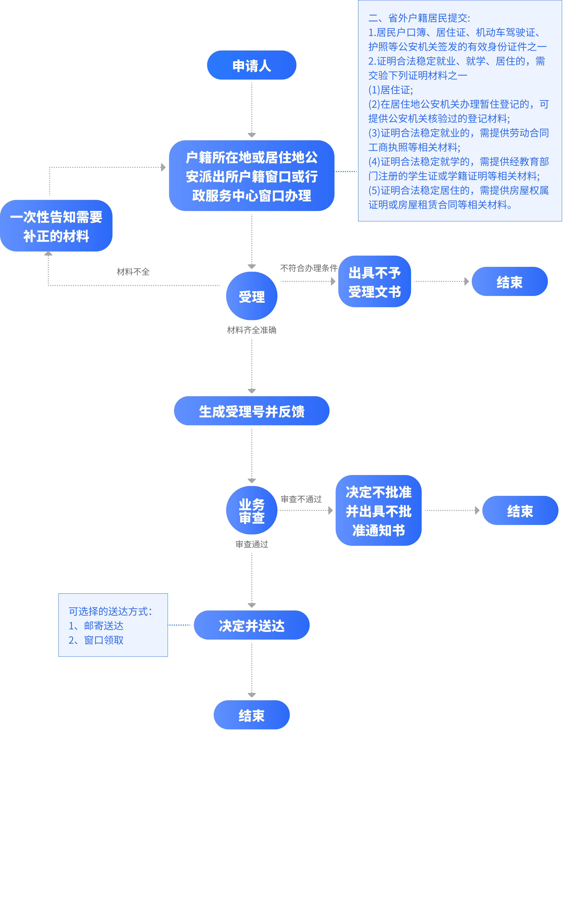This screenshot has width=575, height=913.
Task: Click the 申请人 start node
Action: pos(251,65)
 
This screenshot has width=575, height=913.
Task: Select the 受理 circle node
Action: pos(251,296)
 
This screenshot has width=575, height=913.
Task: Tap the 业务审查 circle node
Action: pos(251,510)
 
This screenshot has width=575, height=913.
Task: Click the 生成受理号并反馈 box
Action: pos(251,411)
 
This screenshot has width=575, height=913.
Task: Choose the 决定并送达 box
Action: pos(251,625)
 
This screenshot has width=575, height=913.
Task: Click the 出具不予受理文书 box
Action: pos(374,282)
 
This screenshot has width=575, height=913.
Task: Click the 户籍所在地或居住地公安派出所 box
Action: pos(251,176)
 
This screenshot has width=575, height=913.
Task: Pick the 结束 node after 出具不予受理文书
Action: pos(509,282)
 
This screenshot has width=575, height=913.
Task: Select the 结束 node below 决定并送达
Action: pos(251,715)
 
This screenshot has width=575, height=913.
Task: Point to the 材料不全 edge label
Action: pos(133,271)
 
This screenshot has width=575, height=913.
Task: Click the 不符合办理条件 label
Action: pos(308,268)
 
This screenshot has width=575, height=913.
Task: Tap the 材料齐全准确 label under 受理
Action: pos(251,330)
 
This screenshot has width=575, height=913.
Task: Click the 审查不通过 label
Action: pos(301,499)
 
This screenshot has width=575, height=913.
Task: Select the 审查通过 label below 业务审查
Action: pos(251,544)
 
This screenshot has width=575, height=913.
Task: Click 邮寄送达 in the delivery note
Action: pos(104,626)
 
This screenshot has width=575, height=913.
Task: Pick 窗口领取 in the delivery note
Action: pos(104,640)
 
